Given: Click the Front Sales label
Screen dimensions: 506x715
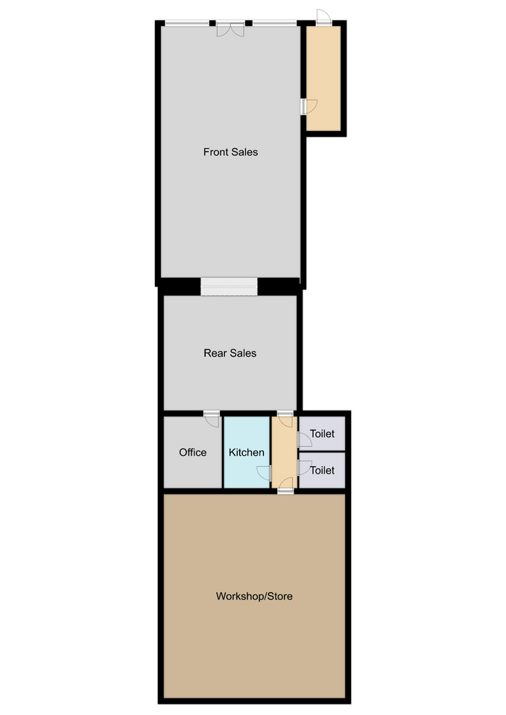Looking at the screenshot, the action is click(x=230, y=152).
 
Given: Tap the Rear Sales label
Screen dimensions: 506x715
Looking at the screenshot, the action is click(x=230, y=353).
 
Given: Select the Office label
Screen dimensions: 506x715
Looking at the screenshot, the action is click(x=192, y=452).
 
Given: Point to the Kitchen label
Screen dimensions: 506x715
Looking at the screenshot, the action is click(x=247, y=452).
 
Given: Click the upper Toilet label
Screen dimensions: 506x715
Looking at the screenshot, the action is click(x=322, y=433).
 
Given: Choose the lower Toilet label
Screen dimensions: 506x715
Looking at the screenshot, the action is click(x=322, y=470).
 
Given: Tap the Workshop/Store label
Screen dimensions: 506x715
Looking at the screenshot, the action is click(x=254, y=596).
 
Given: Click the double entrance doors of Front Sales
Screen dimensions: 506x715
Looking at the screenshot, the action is click(x=230, y=29).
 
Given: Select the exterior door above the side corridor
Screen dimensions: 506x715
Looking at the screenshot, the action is click(x=323, y=17).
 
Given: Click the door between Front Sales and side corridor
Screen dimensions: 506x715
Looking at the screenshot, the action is click(x=309, y=107).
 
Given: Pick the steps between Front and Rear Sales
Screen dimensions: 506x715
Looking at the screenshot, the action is click(x=229, y=286).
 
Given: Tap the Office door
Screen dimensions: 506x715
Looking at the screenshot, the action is click(x=212, y=419).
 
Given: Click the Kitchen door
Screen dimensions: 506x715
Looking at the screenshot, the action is click(x=265, y=474).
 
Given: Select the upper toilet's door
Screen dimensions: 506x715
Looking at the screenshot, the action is click(x=304, y=440).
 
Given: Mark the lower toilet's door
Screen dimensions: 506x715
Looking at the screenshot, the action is click(x=304, y=468).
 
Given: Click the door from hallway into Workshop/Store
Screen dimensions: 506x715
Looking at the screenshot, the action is click(x=285, y=486).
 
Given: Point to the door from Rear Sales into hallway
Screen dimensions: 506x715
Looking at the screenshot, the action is click(x=285, y=419).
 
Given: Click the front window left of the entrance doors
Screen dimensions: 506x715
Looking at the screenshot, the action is click(x=187, y=23).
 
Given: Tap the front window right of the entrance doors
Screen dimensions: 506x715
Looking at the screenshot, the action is click(x=275, y=23).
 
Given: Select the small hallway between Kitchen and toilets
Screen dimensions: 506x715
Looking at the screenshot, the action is click(x=284, y=452).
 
